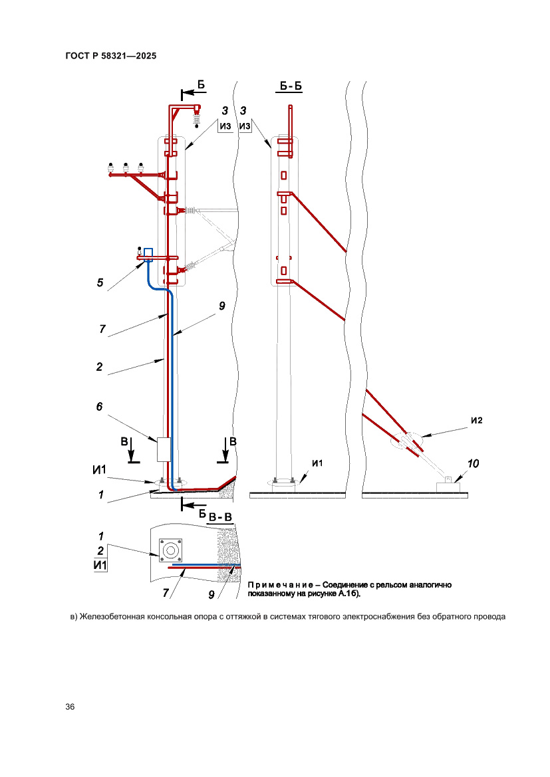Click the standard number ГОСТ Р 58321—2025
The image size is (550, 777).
[111, 56]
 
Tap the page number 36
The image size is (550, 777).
[70, 707]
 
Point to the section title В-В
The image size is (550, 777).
[220, 517]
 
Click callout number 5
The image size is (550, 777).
[100, 283]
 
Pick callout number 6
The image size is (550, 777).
[100, 407]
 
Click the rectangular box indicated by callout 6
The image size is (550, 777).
[164, 449]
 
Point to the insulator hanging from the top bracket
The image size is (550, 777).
[196, 118]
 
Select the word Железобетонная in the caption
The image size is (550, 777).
[110, 616]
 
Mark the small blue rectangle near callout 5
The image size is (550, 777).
[148, 253]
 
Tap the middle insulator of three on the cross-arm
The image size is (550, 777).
[125, 167]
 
